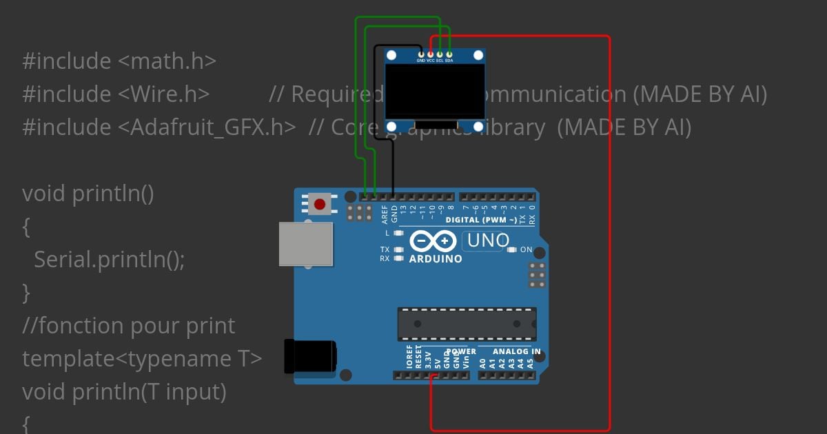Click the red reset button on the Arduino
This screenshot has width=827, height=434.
tap(320, 204)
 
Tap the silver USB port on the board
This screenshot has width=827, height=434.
tap(305, 244)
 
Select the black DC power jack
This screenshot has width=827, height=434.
tap(311, 356)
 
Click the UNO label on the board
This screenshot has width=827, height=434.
tap(488, 240)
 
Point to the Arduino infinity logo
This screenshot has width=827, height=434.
tap(432, 241)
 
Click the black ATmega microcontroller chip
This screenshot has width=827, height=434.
tap(467, 324)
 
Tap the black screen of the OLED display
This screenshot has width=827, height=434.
tap(435, 92)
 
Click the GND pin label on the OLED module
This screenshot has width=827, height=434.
tap(420, 61)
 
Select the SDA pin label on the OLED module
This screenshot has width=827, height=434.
tap(449, 61)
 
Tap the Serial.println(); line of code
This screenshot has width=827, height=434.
tap(110, 260)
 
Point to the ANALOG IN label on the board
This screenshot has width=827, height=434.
tap(516, 351)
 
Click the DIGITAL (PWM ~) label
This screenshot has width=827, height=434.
tap(481, 220)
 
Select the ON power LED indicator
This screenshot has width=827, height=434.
tap(511, 249)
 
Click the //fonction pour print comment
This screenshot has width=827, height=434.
tap(129, 326)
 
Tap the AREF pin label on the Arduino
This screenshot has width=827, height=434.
tap(385, 215)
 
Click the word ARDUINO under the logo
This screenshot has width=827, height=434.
tap(436, 259)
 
